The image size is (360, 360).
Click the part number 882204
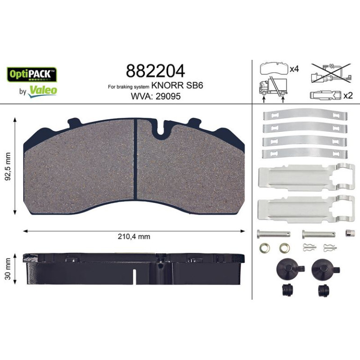tap(155, 71)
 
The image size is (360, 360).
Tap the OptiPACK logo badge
tap(32, 74)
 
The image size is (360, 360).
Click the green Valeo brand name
tap(43, 90)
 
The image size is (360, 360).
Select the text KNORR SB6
tap(177, 86)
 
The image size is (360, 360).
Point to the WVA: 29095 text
tap(155, 96)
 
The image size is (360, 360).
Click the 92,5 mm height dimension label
tap(8, 166)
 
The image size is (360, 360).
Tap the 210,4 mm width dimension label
tap(134, 236)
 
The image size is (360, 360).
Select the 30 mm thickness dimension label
tap(8, 269)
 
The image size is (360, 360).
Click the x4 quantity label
tap(294, 69)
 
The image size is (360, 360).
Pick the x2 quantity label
tap(347, 95)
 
